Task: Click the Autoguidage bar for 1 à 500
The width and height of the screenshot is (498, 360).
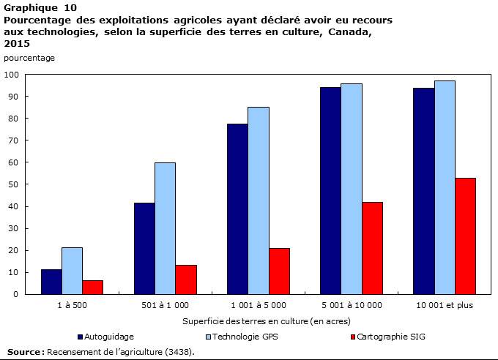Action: (51, 282)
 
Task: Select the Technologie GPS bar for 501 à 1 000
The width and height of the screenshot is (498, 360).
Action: (165, 228)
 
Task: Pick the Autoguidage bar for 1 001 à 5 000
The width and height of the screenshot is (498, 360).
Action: (237, 209)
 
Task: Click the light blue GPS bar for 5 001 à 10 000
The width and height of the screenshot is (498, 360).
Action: (352, 189)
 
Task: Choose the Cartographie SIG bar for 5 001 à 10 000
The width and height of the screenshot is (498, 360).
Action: (372, 248)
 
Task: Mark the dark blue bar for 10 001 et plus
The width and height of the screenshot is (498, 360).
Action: (424, 191)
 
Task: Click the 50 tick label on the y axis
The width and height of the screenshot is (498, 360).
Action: (13, 184)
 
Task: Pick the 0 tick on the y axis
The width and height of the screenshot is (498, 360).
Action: (15, 294)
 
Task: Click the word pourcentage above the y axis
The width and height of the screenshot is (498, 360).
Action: (29, 58)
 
